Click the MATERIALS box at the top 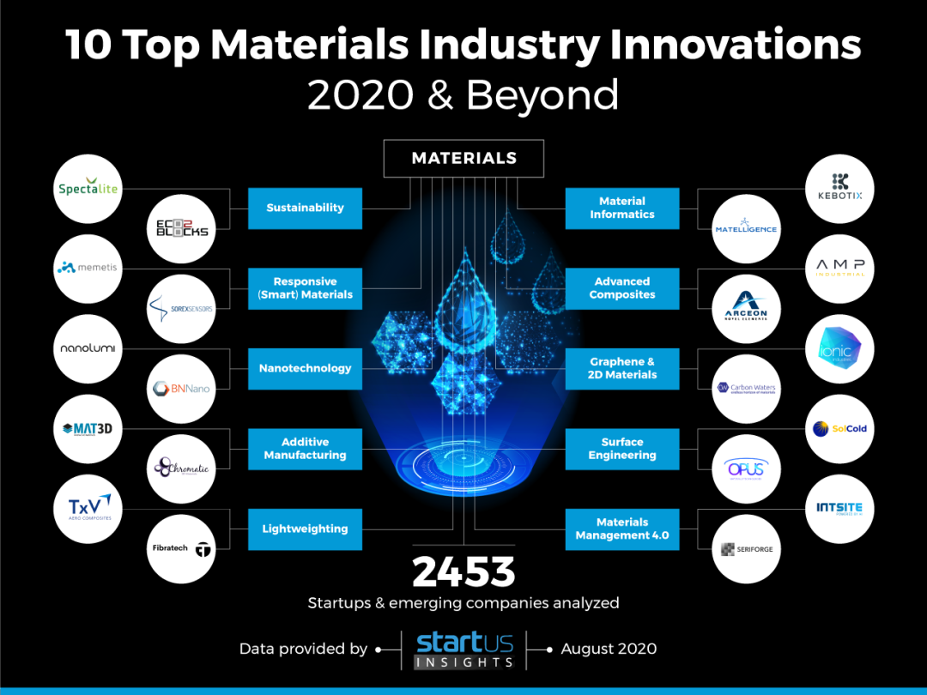click(x=463, y=158)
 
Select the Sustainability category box click(x=305, y=208)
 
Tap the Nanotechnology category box click(x=305, y=368)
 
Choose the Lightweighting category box click(x=305, y=529)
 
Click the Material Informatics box click(x=622, y=208)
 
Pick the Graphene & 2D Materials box click(x=622, y=368)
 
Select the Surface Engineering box click(x=622, y=449)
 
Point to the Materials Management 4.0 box click(x=622, y=529)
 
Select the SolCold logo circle click(x=839, y=428)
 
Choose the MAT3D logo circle click(x=87, y=428)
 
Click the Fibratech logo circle click(x=180, y=548)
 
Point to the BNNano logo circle click(x=180, y=389)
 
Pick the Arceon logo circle click(x=746, y=308)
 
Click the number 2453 click(x=463, y=571)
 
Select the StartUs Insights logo click(x=464, y=650)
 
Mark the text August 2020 click(x=609, y=649)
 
